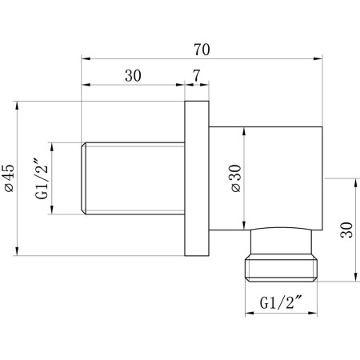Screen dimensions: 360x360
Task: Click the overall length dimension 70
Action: [x=202, y=50]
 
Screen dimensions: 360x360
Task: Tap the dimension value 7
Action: [x=196, y=76]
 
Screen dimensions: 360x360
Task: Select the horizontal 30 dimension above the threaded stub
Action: [x=133, y=76]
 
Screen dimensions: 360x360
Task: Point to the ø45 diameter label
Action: [x=10, y=178]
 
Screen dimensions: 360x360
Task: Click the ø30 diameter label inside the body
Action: [x=236, y=178]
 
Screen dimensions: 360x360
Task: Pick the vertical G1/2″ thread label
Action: [x=42, y=178]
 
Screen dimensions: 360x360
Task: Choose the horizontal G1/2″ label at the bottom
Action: [x=281, y=302]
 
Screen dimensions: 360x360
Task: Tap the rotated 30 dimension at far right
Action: [x=346, y=230]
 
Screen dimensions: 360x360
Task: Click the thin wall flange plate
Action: [x=197, y=178]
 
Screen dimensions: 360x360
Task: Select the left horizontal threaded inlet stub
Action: [x=133, y=178]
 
